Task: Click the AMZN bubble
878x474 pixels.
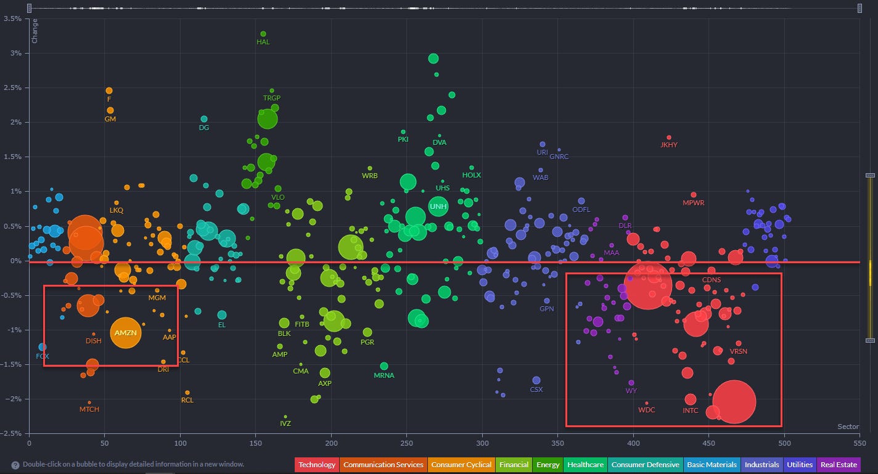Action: pos(126,333)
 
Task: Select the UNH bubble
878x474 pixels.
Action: pos(438,206)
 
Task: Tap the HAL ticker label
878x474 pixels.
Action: pos(263,42)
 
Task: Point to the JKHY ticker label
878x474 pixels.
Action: pos(668,145)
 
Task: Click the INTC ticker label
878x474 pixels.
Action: pos(691,411)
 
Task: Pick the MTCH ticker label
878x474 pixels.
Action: pos(89,409)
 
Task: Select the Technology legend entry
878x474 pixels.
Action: pos(317,465)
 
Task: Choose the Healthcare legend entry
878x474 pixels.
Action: pos(586,465)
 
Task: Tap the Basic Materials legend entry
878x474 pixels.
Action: pos(712,465)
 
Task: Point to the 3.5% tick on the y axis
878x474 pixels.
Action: pos(12,18)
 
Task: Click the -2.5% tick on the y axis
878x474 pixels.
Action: pos(12,433)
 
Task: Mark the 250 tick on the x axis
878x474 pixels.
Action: pos(406,443)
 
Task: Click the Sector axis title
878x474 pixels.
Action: pos(848,427)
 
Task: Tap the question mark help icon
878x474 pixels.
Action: pos(15,465)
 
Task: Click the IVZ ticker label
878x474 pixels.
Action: pos(285,423)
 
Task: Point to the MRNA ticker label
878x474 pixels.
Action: pos(384,375)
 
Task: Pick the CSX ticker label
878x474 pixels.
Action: pos(536,390)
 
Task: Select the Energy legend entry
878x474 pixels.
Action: pos(548,465)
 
